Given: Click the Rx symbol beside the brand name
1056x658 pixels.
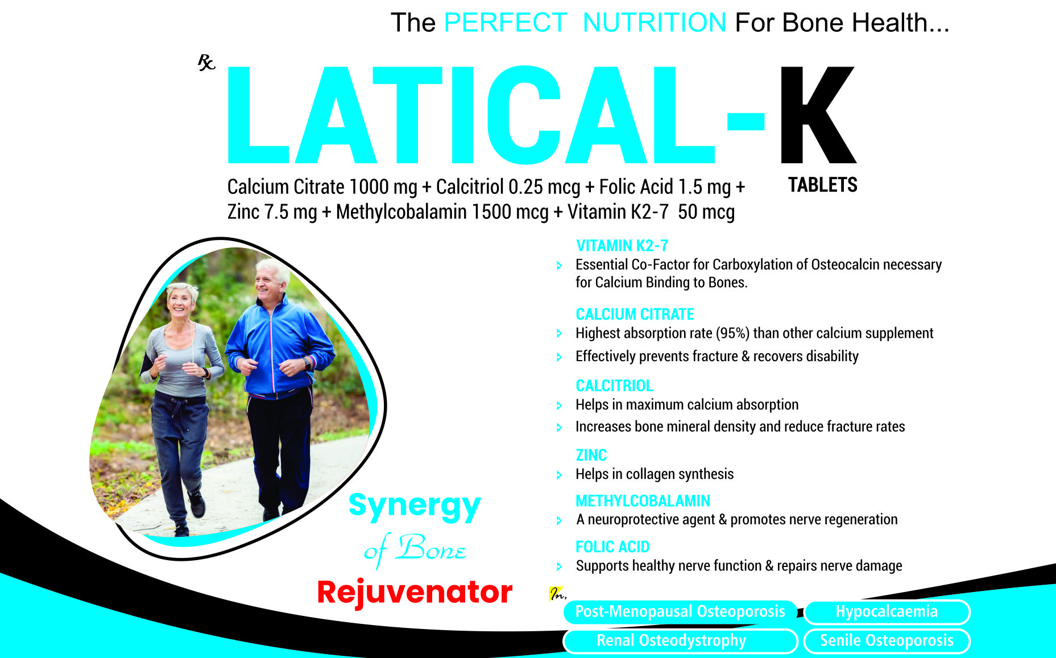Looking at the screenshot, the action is click(206, 62).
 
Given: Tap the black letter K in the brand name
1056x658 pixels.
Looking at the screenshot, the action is click(817, 114).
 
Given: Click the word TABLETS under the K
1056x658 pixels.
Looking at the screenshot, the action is click(822, 185).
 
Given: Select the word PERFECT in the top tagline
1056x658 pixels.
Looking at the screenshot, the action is click(505, 23).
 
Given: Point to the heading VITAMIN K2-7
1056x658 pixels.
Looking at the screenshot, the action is click(622, 246).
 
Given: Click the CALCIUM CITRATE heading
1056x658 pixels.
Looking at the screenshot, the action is click(635, 314).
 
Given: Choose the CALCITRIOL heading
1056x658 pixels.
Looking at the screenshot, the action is click(615, 386).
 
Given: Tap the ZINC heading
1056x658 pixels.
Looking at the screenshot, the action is click(591, 455).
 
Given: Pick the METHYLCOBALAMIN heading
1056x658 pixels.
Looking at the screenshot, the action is click(643, 500).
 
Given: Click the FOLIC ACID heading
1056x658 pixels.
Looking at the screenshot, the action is click(612, 547).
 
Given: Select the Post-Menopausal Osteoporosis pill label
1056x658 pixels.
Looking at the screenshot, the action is click(680, 612).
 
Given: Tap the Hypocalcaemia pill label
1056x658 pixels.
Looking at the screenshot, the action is click(887, 612).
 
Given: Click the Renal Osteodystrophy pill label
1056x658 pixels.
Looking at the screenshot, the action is click(680, 641).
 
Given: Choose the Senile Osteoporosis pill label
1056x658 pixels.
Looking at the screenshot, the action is click(887, 641).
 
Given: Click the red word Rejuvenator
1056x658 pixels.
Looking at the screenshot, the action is click(415, 592).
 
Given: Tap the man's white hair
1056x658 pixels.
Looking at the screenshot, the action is click(273, 268).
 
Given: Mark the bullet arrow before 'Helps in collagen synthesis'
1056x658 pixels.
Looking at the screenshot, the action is click(559, 475).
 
